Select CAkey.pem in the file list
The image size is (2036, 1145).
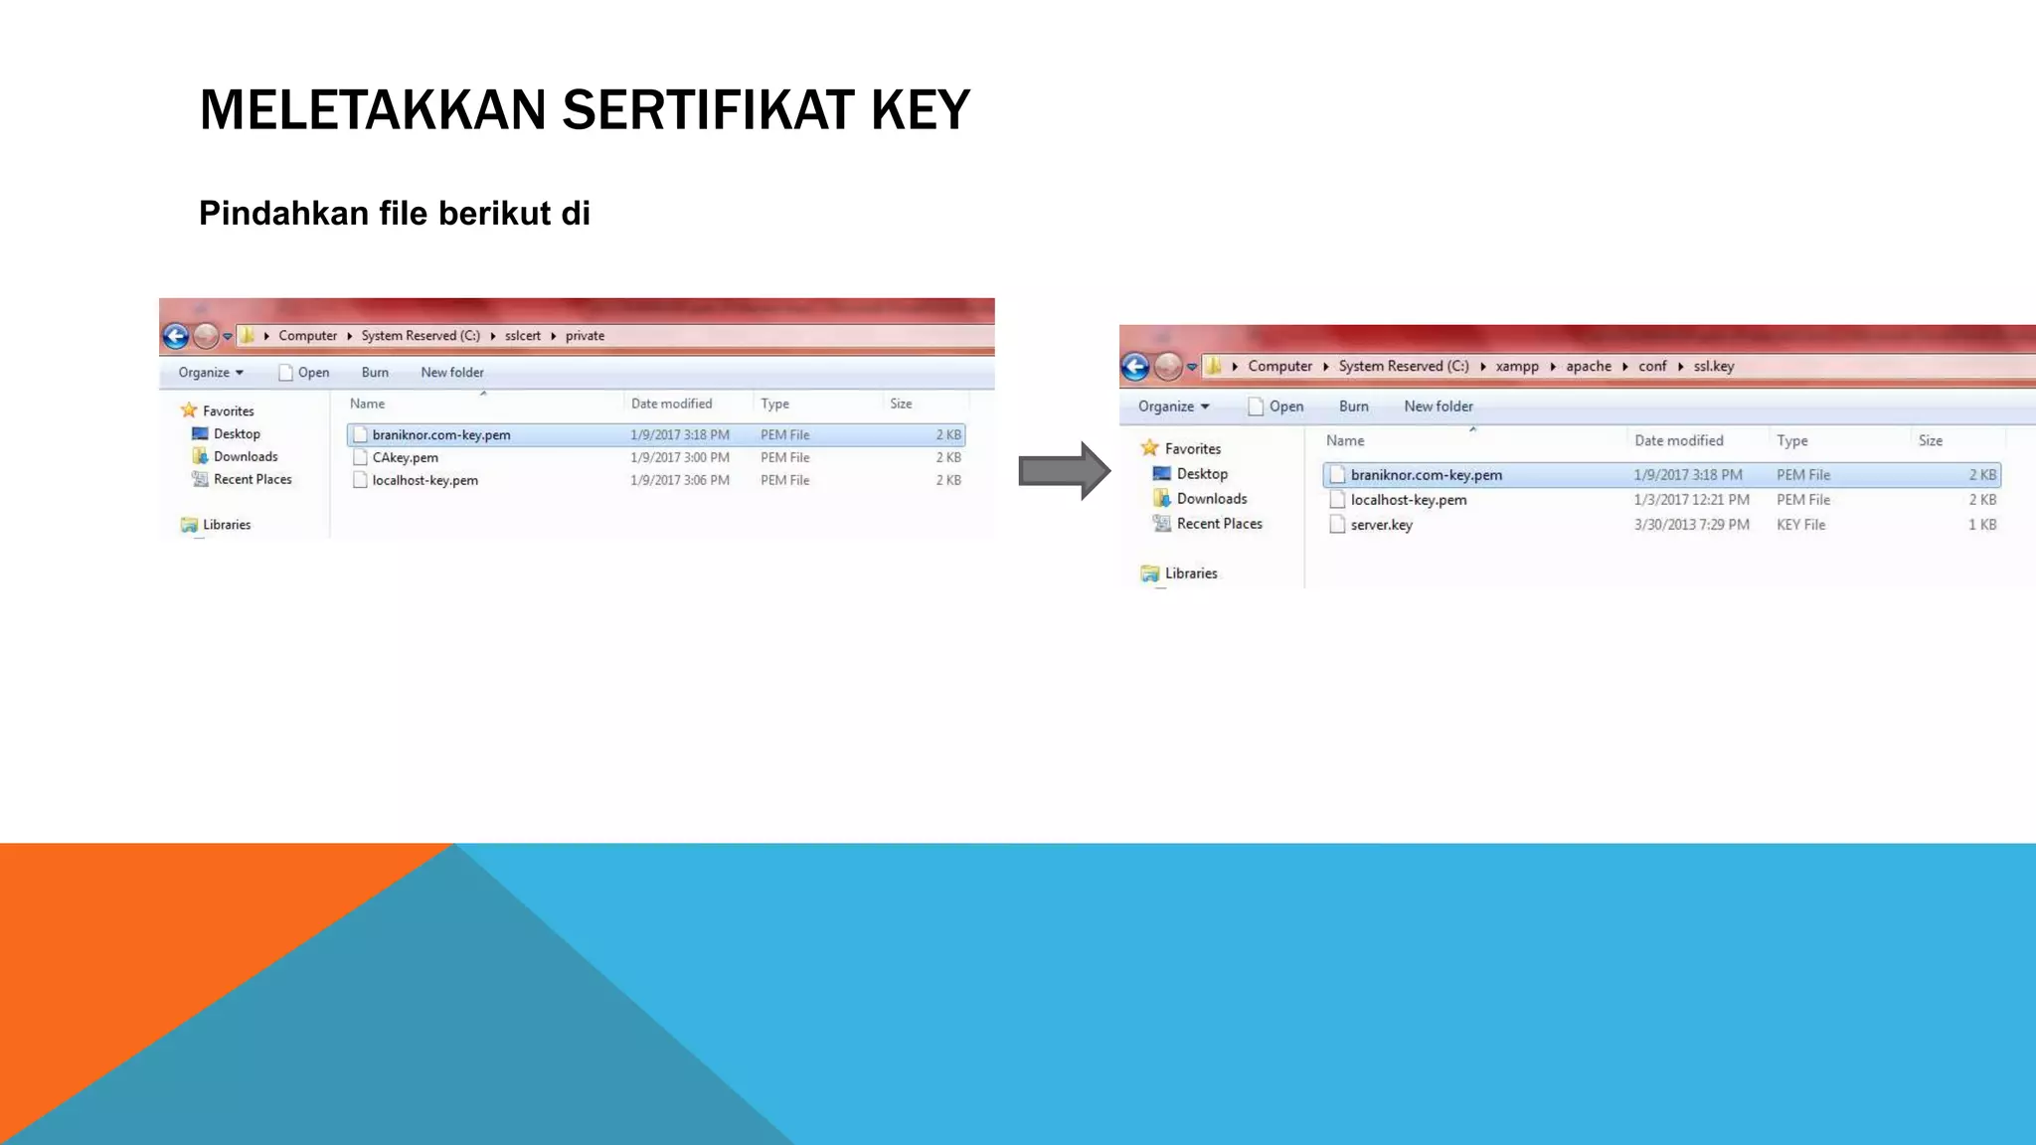tap(405, 458)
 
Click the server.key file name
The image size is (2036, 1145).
tap(1381, 525)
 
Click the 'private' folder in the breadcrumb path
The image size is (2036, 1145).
tap(585, 336)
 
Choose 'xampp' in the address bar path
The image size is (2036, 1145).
tap(1517, 367)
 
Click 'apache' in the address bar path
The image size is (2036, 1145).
tap(1588, 367)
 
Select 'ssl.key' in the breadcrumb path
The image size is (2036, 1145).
tap(1714, 367)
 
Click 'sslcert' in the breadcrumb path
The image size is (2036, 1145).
tap(522, 336)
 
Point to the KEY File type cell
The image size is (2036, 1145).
tap(1800, 525)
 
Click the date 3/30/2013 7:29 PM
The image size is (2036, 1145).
tap(1691, 525)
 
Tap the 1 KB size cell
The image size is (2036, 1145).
tap(1981, 525)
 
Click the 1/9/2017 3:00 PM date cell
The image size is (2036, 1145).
tap(679, 458)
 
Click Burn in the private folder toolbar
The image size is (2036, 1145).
tap(375, 373)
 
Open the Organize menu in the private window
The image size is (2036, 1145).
tap(210, 373)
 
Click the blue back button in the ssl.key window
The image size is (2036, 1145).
tap(1135, 368)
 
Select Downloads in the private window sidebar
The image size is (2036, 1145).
tap(246, 457)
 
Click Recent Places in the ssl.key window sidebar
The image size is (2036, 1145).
tap(1219, 524)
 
